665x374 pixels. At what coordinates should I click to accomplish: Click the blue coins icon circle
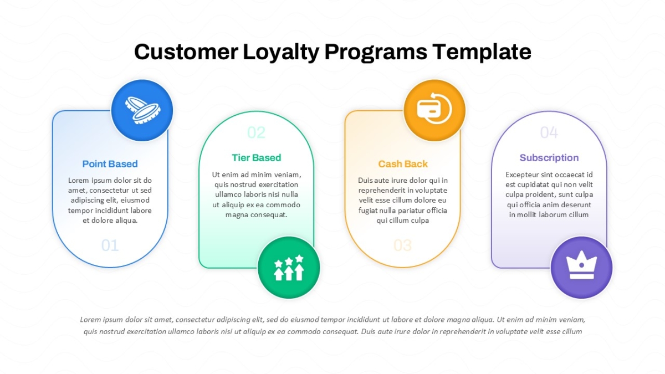pyautogui.click(x=142, y=110)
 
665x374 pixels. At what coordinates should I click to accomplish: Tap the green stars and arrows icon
pyautogui.click(x=289, y=268)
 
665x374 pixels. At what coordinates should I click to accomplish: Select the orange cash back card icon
pyautogui.click(x=434, y=109)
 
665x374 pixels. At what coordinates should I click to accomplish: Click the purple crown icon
pyautogui.click(x=581, y=265)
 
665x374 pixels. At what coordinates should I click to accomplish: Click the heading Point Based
pyautogui.click(x=110, y=164)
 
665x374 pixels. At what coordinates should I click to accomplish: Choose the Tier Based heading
pyautogui.click(x=256, y=157)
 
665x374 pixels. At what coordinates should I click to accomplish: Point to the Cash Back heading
pyautogui.click(x=403, y=164)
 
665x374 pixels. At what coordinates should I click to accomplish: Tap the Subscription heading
pyautogui.click(x=549, y=157)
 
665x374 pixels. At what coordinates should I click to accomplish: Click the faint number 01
pyautogui.click(x=110, y=245)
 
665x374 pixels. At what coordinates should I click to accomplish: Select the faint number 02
pyautogui.click(x=256, y=132)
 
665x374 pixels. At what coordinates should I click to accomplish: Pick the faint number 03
pyautogui.click(x=402, y=245)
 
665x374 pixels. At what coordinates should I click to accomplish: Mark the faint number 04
pyautogui.click(x=549, y=132)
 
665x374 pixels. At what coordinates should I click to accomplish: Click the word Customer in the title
pyautogui.click(x=186, y=52)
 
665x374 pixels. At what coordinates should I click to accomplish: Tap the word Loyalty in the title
pyautogui.click(x=281, y=53)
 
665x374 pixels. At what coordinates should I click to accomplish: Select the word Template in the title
pyautogui.click(x=482, y=53)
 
